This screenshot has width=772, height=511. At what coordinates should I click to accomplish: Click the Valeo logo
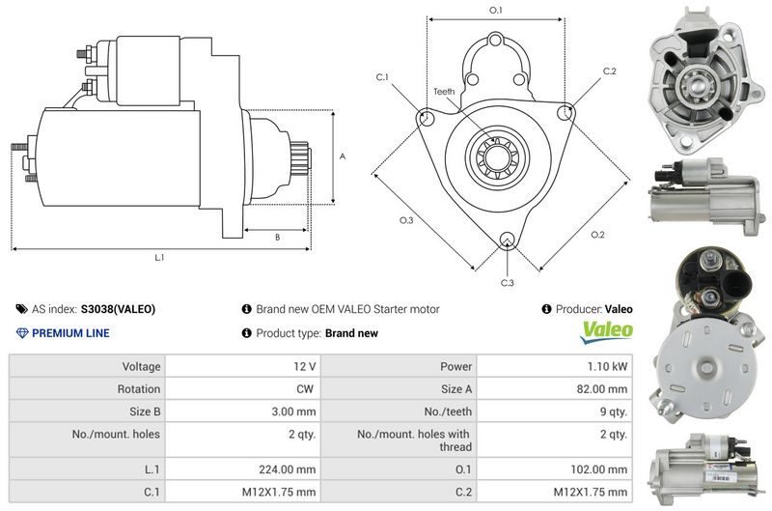[607, 330]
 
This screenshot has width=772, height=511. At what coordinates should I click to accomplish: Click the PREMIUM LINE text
[70, 333]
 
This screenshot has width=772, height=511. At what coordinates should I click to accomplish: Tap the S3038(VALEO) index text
[118, 309]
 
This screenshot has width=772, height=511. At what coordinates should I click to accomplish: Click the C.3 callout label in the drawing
[507, 282]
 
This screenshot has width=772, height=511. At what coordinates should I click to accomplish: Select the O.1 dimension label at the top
[496, 10]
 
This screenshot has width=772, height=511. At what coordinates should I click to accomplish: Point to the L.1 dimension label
[159, 257]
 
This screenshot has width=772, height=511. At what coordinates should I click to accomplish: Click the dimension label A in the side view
[343, 156]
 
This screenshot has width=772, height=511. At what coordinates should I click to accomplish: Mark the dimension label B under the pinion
[277, 237]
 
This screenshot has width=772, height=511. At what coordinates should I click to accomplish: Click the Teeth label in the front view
[443, 91]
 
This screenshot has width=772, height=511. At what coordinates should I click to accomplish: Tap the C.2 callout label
[609, 71]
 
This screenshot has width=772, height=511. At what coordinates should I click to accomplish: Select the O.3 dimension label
[406, 220]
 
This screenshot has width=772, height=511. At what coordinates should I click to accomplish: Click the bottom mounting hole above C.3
[508, 241]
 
